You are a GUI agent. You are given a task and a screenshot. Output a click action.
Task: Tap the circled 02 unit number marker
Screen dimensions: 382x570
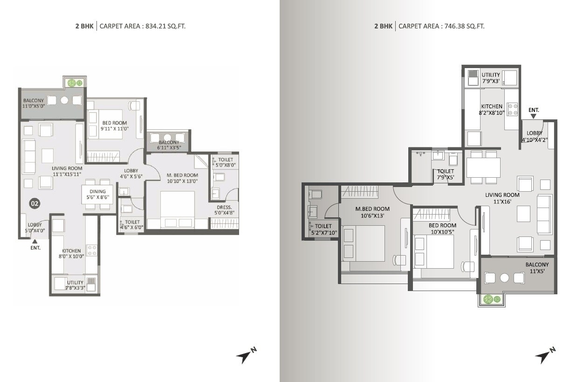(34, 203)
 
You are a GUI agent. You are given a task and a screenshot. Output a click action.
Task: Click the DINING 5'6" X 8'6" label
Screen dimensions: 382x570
(98, 194)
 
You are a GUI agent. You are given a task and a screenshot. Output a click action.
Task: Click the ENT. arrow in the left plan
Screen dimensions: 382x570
(34, 242)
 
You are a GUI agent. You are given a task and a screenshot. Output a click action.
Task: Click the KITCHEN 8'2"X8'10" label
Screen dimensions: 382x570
(492, 109)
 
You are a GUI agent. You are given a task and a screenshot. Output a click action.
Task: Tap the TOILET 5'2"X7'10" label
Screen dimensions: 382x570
(323, 229)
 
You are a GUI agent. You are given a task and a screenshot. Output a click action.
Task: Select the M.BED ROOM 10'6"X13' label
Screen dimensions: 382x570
(372, 212)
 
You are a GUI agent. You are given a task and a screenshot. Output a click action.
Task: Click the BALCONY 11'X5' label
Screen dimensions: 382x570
(537, 268)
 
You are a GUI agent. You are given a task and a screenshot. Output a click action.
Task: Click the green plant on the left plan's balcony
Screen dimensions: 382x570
(72, 83)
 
